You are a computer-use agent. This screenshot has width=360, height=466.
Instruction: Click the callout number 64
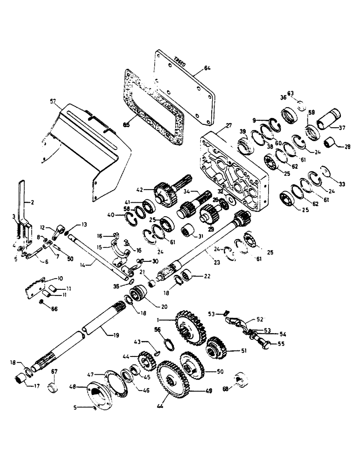pyautogui.click(x=207, y=69)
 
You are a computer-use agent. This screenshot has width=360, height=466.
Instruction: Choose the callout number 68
pyautogui.click(x=226, y=388)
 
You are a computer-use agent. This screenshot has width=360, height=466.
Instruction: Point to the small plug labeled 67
pyautogui.click(x=55, y=387)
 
